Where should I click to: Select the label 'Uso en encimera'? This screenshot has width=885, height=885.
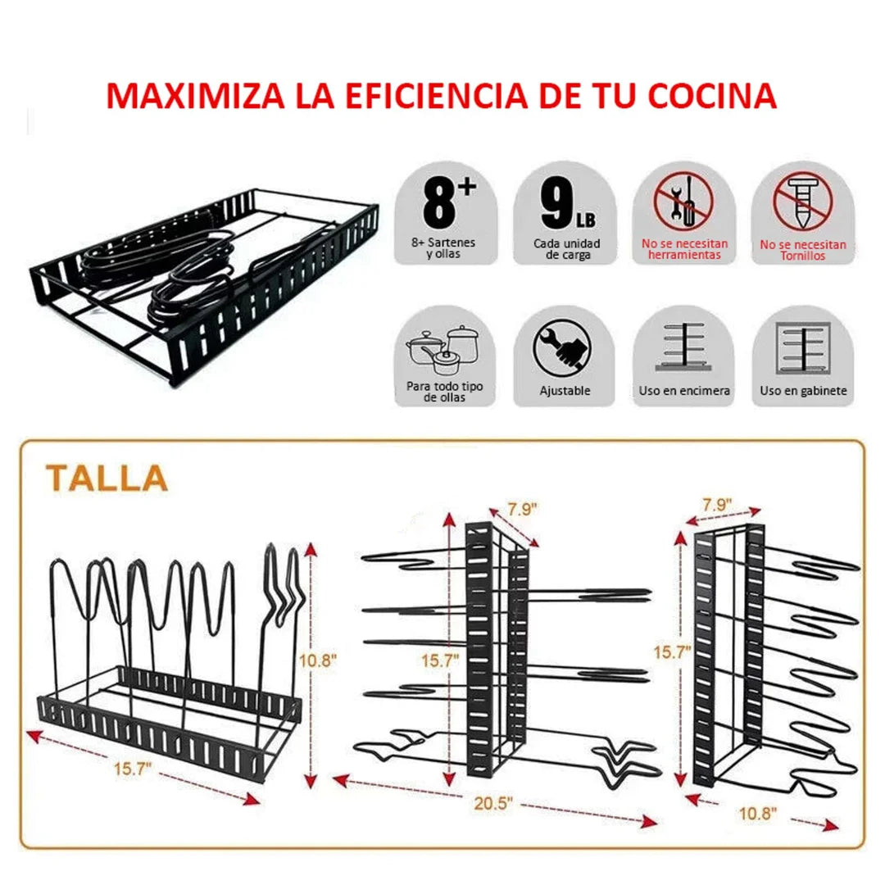(684, 391)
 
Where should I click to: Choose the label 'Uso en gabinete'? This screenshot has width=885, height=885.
(803, 391)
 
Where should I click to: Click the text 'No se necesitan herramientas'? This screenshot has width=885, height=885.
(684, 250)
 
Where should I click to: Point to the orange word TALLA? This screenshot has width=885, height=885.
(107, 477)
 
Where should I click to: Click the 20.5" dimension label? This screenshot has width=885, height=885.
(493, 805)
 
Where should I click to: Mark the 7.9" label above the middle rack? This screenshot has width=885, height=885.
(521, 509)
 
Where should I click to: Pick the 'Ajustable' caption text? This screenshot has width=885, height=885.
(565, 391)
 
